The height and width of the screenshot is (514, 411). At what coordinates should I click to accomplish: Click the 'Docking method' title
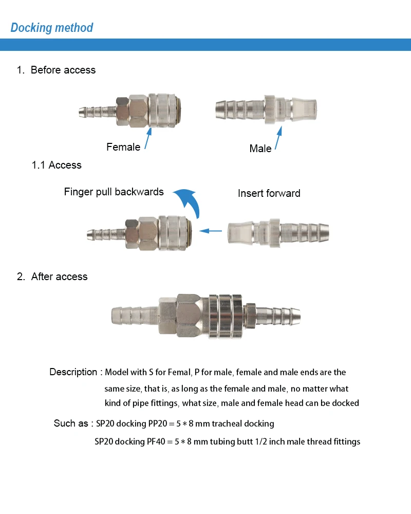pos(52,28)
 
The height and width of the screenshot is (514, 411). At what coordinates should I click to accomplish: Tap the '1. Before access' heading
pos(56,70)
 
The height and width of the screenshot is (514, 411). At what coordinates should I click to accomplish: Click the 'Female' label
pos(123,147)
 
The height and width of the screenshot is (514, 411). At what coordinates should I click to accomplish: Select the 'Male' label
pos(260,149)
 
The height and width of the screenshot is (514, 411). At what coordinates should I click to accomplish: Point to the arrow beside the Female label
pos(148,139)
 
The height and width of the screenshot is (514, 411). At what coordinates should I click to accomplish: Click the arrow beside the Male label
pos(278,138)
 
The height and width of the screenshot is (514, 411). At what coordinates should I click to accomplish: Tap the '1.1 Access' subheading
pos(57,165)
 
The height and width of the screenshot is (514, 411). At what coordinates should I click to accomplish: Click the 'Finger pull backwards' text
pos(114,192)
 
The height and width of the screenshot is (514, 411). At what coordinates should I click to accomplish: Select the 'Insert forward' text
pos(269,193)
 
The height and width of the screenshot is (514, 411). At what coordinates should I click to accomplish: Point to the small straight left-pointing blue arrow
pos(211,231)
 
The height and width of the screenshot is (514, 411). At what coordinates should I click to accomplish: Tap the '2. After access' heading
pos(52,277)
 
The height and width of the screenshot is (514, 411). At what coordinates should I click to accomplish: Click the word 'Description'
pos(73,372)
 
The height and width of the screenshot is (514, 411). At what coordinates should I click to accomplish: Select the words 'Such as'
pos(71,423)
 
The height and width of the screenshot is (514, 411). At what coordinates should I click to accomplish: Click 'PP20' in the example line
pos(158,424)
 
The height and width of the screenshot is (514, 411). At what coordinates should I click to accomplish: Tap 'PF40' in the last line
pos(156,442)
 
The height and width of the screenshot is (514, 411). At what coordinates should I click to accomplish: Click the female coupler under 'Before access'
pos(130,111)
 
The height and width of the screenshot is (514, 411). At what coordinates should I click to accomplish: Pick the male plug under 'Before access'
pos(266,110)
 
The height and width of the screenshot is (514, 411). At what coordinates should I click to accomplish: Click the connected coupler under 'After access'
pos(206,316)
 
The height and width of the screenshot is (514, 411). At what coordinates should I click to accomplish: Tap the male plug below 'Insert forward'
pos(278,233)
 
